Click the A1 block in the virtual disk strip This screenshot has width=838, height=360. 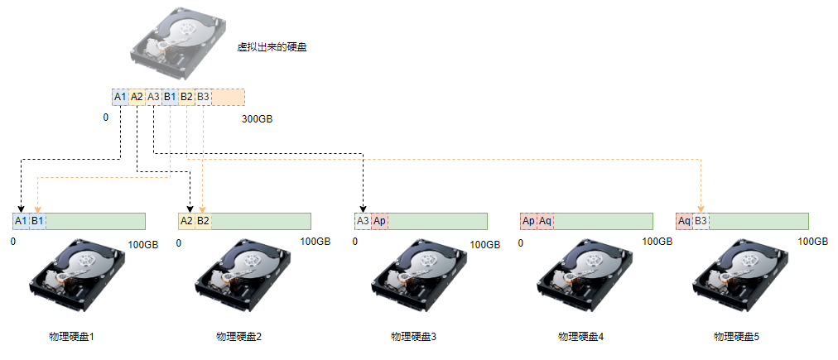click(120, 97)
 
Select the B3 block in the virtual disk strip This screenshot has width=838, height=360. click(203, 97)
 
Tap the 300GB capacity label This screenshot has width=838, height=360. click(257, 119)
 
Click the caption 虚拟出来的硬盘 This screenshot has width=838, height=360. click(272, 47)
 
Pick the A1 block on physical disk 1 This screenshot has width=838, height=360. click(21, 221)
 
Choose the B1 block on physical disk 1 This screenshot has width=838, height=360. click(37, 221)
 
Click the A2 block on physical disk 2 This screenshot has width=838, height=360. click(186, 221)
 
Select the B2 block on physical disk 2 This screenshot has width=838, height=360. click(203, 221)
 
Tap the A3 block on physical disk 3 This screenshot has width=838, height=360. click(363, 221)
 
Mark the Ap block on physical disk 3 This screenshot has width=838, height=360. click(379, 221)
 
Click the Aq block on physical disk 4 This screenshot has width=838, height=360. click(545, 221)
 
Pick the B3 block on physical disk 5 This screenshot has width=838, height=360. click(701, 221)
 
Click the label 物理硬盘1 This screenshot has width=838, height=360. click(73, 337)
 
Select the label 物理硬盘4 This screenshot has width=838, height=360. click(581, 337)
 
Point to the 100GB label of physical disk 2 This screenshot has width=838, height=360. click(315, 242)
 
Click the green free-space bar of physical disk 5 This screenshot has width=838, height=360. click(759, 221)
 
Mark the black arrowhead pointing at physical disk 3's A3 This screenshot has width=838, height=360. click(363, 209)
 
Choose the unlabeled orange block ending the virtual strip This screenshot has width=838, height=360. click(228, 97)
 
